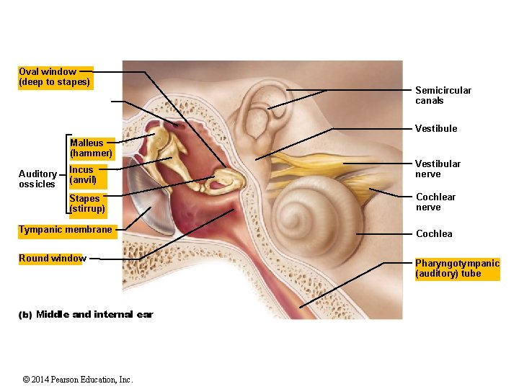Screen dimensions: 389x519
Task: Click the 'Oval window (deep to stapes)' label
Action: tap(54, 77)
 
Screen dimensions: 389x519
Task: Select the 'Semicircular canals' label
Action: tap(443, 95)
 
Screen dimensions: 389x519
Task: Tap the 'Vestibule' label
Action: tap(435, 128)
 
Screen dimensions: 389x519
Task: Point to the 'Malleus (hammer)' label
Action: tap(91, 148)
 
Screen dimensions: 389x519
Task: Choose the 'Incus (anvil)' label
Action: tap(82, 174)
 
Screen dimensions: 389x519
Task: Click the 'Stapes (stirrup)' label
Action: tap(86, 203)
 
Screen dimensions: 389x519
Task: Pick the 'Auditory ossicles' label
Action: tap(37, 179)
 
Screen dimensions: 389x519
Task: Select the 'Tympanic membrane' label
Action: tap(66, 230)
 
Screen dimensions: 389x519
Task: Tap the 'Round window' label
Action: tap(53, 258)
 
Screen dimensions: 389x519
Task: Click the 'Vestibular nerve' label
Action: tap(438, 169)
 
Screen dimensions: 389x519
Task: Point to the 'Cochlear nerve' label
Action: tap(435, 202)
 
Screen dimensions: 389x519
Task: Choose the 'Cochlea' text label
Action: tap(434, 233)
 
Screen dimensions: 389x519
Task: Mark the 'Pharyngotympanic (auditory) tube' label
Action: tap(457, 268)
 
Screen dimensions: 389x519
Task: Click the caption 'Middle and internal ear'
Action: tap(94, 314)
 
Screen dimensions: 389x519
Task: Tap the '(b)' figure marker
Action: tap(25, 314)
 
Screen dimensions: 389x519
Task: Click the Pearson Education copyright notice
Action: tap(78, 379)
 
